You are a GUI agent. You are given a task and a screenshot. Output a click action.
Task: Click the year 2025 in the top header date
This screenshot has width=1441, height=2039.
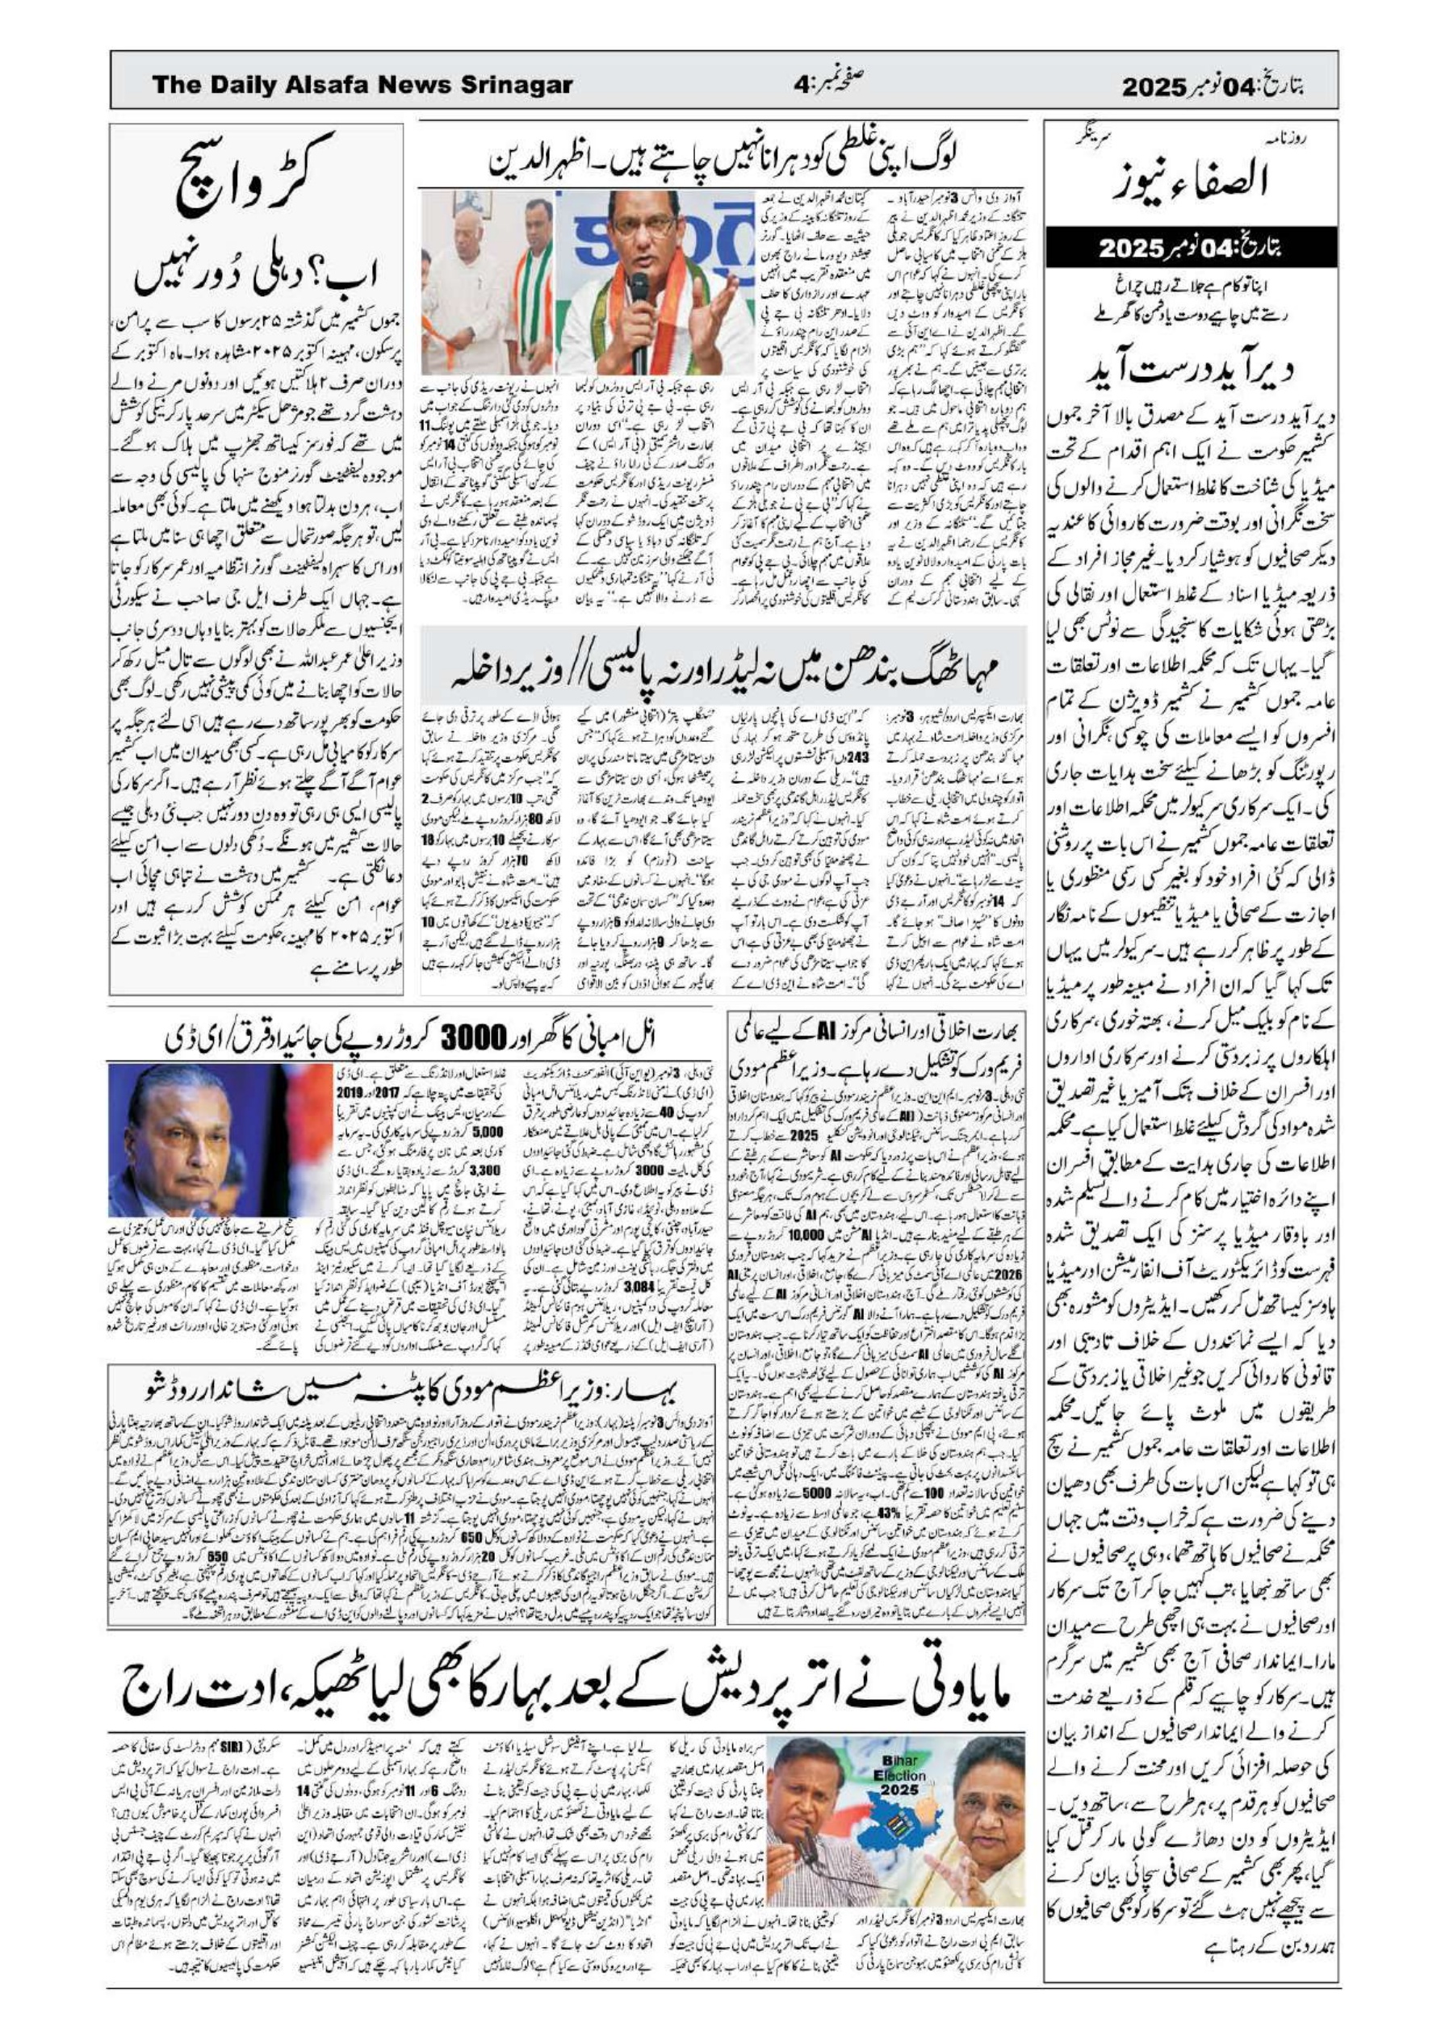coord(1152,88)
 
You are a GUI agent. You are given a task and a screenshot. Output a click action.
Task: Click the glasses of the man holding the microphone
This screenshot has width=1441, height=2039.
coord(639,229)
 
